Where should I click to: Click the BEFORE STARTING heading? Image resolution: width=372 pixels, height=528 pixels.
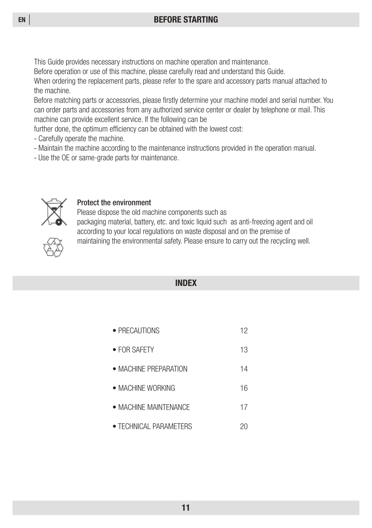click(x=186, y=20)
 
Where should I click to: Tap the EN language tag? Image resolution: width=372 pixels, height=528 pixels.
click(x=22, y=20)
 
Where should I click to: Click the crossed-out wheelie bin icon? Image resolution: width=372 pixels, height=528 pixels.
click(x=54, y=211)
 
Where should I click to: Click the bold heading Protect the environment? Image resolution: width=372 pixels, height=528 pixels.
click(x=114, y=202)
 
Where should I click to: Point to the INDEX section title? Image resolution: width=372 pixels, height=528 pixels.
click(x=186, y=283)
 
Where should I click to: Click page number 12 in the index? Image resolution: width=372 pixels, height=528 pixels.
click(x=244, y=331)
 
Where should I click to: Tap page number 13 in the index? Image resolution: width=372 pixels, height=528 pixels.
click(x=244, y=350)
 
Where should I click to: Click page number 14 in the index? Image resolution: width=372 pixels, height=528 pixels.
click(x=244, y=369)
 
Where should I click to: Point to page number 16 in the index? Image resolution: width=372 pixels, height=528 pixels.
click(x=244, y=388)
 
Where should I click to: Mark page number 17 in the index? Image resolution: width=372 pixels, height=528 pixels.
click(x=244, y=407)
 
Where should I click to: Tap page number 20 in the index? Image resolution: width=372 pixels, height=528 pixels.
click(x=244, y=426)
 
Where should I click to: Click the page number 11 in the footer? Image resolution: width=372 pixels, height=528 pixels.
click(x=186, y=508)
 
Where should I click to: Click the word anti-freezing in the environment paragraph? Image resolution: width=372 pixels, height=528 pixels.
click(x=257, y=222)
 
